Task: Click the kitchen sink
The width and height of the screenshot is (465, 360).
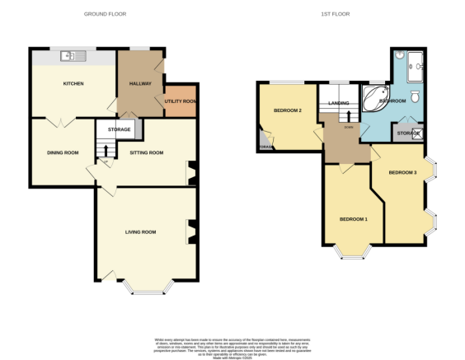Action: click(72, 56)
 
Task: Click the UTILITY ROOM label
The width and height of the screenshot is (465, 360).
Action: click(180, 101)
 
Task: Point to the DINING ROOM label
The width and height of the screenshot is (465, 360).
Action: click(62, 152)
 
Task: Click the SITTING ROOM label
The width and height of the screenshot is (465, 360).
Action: click(146, 152)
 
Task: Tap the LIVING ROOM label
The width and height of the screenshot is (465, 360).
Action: click(140, 231)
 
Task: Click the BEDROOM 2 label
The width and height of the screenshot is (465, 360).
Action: click(287, 110)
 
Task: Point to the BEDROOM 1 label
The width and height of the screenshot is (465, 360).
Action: click(354, 219)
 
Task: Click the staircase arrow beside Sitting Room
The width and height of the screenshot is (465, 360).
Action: click(104, 150)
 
